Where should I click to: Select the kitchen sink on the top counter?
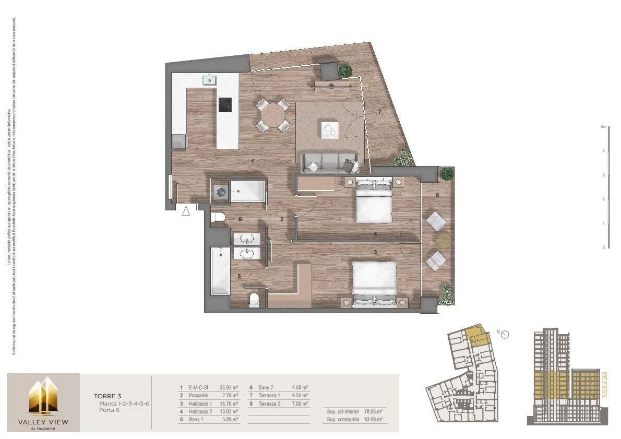click(209, 80)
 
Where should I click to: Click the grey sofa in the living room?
click(327, 162)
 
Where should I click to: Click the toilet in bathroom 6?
click(218, 217)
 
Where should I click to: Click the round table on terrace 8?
click(444, 240)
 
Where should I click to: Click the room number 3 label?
click(375, 252)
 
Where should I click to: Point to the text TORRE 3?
click(108, 396)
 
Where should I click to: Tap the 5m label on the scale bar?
click(603, 127)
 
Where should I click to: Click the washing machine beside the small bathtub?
click(221, 192)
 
